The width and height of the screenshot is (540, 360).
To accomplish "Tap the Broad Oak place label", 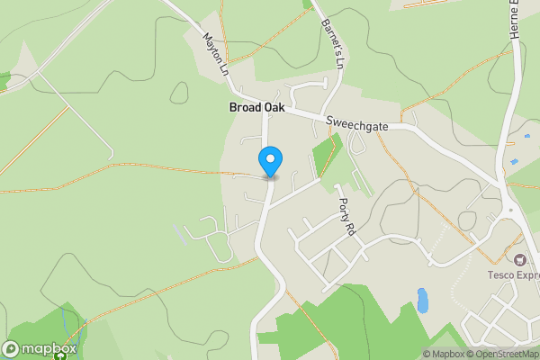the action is coord(256,107).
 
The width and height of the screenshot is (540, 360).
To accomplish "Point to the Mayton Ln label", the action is coord(215,55).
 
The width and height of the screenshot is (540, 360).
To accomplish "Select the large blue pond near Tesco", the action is coord(422,301).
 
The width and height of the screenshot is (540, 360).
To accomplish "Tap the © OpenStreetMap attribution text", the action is coord(504,354).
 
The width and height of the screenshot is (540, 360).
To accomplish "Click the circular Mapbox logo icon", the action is coord(11,349).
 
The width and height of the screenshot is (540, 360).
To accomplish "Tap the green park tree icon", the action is coord(60,355).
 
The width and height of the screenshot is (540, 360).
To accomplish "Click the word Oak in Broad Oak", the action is coord(274,107).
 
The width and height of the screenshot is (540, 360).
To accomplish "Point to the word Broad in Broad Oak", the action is coord(244,107).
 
